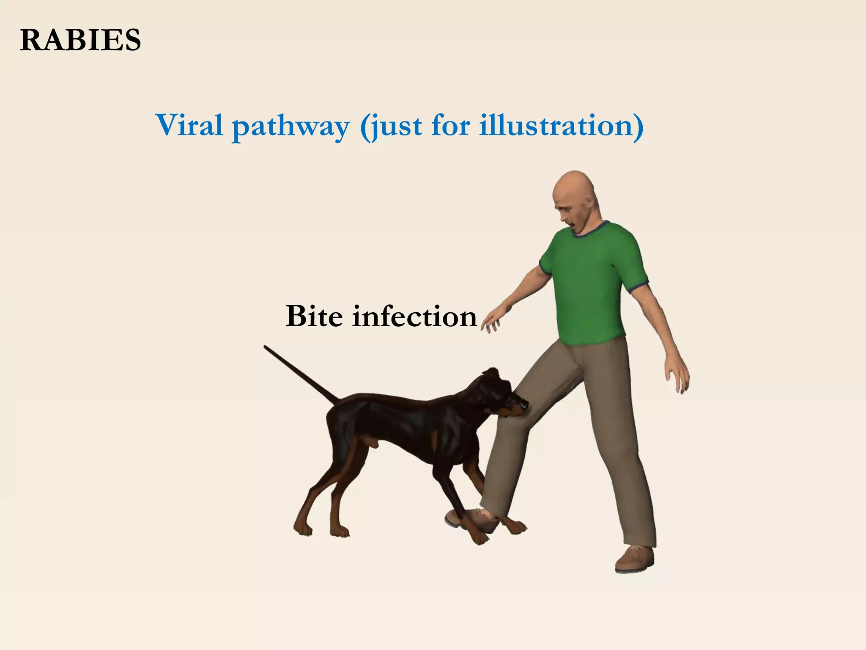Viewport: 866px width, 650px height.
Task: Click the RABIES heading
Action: pyautogui.click(x=80, y=41)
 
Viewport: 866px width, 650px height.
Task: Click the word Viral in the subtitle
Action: pyautogui.click(x=189, y=125)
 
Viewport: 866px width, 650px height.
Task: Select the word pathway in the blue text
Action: pyautogui.click(x=291, y=126)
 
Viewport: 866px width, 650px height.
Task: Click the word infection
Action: pyautogui.click(x=414, y=316)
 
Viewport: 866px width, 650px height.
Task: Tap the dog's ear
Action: pyautogui.click(x=492, y=375)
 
